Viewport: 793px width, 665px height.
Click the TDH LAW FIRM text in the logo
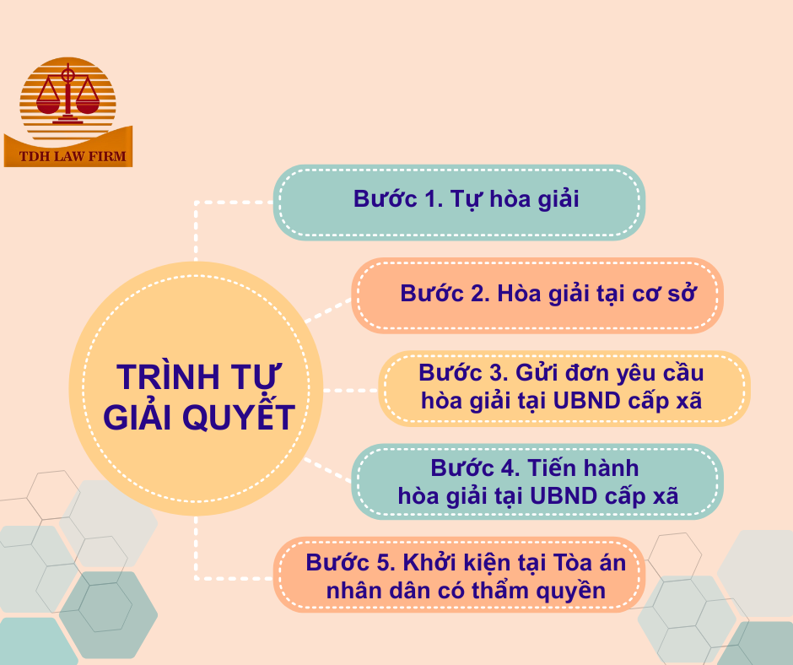tap(68, 157)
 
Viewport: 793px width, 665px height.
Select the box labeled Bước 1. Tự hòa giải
tap(459, 203)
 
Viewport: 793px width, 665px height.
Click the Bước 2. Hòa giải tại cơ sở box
tap(537, 295)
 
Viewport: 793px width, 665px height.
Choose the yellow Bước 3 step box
tap(563, 387)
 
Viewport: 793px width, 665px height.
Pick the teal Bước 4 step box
tap(537, 481)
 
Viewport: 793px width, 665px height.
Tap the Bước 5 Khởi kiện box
tap(459, 575)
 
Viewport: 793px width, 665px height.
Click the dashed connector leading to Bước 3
tap(349, 391)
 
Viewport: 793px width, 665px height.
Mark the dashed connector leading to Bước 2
tap(326, 311)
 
